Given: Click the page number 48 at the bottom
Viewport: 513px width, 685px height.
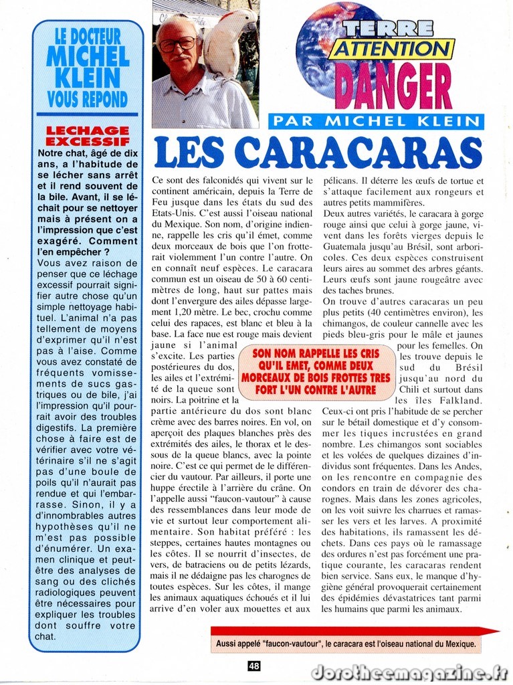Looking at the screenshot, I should pyautogui.click(x=253, y=665).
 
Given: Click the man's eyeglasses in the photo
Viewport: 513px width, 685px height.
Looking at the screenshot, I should pyautogui.click(x=177, y=44).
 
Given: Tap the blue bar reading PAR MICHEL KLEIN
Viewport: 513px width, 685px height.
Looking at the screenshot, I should pyautogui.click(x=376, y=121).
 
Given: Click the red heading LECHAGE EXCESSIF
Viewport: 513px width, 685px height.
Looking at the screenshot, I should pyautogui.click(x=87, y=136).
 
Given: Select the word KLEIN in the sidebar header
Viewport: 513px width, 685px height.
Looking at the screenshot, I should pyautogui.click(x=88, y=78).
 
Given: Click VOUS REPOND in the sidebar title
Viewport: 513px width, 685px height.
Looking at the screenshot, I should pyautogui.click(x=88, y=100).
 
